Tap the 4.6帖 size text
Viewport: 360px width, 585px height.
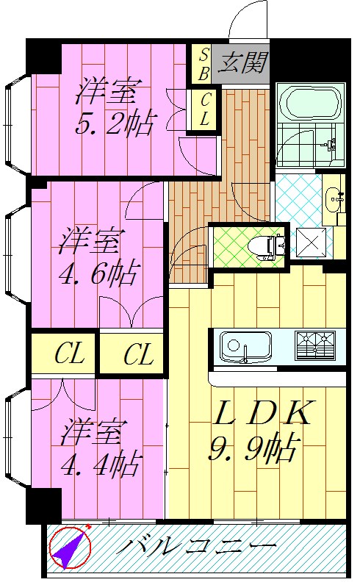click(x=97, y=273)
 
